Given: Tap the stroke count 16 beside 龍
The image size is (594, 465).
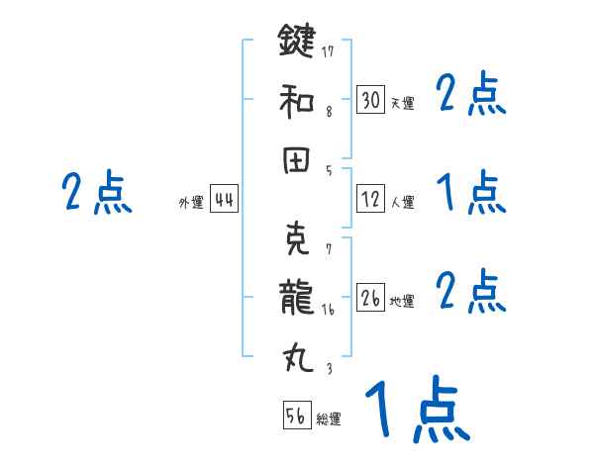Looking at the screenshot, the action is click(329, 308).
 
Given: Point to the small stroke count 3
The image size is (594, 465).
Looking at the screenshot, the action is click(329, 367).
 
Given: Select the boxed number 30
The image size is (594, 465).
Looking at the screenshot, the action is click(370, 99).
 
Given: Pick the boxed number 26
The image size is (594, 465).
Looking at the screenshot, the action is click(370, 297).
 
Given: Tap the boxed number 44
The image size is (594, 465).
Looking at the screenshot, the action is click(224, 200).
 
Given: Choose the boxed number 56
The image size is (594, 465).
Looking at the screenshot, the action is click(296, 416).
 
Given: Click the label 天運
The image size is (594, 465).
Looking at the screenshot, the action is click(402, 103).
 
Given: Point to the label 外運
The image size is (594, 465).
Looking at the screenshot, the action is click(191, 203).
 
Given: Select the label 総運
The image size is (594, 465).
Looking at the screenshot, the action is click(328, 419).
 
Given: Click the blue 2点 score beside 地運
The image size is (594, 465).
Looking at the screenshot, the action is click(471, 290).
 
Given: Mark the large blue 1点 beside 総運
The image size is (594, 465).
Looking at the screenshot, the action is click(416, 411).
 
